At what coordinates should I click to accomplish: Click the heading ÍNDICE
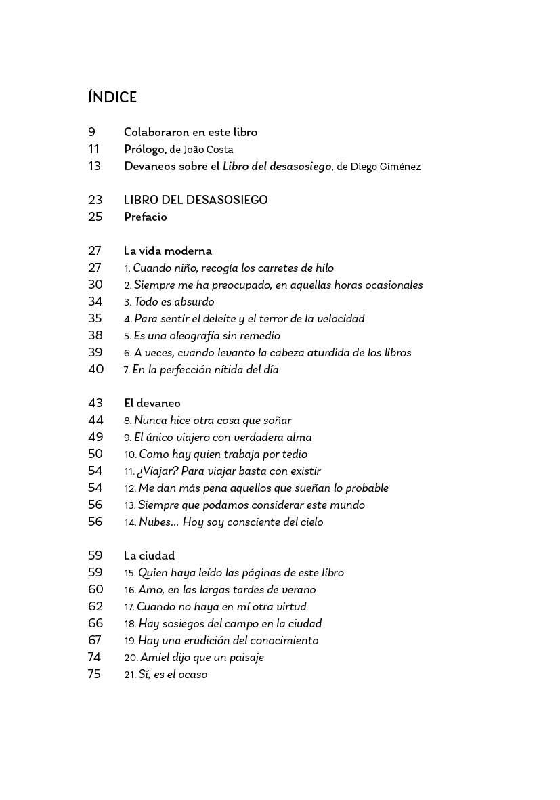click(112, 98)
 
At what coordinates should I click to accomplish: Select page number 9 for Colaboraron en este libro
click(91, 132)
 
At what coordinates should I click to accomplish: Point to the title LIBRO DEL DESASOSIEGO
click(196, 200)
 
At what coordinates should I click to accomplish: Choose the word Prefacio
click(145, 217)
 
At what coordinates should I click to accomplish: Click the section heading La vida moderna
click(167, 251)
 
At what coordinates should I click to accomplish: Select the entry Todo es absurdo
click(173, 302)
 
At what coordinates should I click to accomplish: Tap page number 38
click(95, 335)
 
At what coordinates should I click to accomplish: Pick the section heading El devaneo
click(152, 403)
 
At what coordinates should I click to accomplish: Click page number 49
click(95, 437)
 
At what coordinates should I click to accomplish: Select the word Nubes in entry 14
click(154, 522)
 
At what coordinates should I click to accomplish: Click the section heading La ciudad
click(149, 555)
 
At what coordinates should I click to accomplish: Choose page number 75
click(94, 674)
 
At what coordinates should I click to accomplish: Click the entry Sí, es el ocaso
click(173, 675)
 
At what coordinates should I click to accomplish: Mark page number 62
click(95, 606)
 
